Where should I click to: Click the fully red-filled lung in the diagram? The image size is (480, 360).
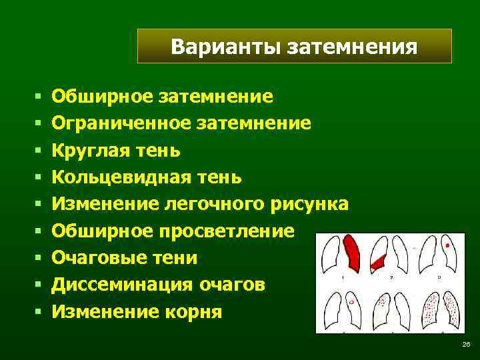point(352,253)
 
